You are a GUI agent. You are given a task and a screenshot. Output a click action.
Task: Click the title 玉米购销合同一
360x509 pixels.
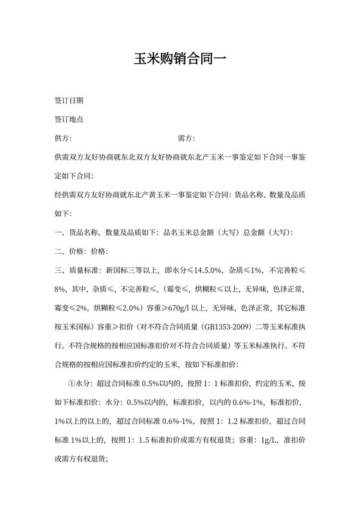click(x=180, y=60)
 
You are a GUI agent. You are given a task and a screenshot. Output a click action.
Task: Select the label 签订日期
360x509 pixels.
click(x=69, y=102)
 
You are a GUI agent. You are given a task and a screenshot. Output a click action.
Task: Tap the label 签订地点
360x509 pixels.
click(x=69, y=120)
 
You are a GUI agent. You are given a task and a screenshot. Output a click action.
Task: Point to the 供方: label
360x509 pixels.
click(x=64, y=138)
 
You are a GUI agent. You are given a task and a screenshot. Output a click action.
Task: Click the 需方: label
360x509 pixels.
click(x=186, y=138)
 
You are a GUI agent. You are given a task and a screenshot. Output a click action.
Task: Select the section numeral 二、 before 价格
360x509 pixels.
click(x=60, y=251)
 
